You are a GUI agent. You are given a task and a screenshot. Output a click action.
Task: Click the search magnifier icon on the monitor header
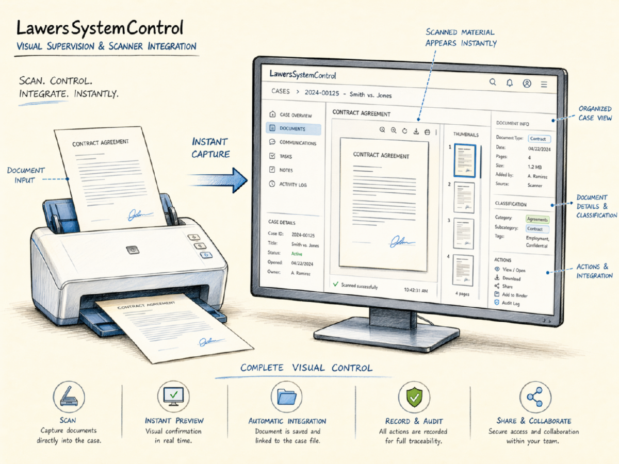[493, 82]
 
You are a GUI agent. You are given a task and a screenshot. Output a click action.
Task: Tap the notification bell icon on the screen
[510, 82]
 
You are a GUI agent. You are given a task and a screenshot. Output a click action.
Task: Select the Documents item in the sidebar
[293, 129]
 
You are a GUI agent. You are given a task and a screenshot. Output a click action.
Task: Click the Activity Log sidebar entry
[293, 184]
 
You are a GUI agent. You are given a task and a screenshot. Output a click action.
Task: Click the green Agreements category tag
[537, 219]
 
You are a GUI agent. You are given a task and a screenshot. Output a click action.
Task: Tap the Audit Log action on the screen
[511, 304]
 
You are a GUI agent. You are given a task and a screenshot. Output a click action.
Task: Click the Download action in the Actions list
[511, 278]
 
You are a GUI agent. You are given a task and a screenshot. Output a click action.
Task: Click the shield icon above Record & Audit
[414, 397]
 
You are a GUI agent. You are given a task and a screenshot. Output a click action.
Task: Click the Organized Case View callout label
[595, 113]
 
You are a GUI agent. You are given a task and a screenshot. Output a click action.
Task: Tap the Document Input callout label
[25, 175]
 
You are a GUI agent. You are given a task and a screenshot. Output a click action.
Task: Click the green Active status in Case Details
[297, 254]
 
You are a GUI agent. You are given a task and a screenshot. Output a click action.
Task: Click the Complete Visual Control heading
[306, 368]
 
